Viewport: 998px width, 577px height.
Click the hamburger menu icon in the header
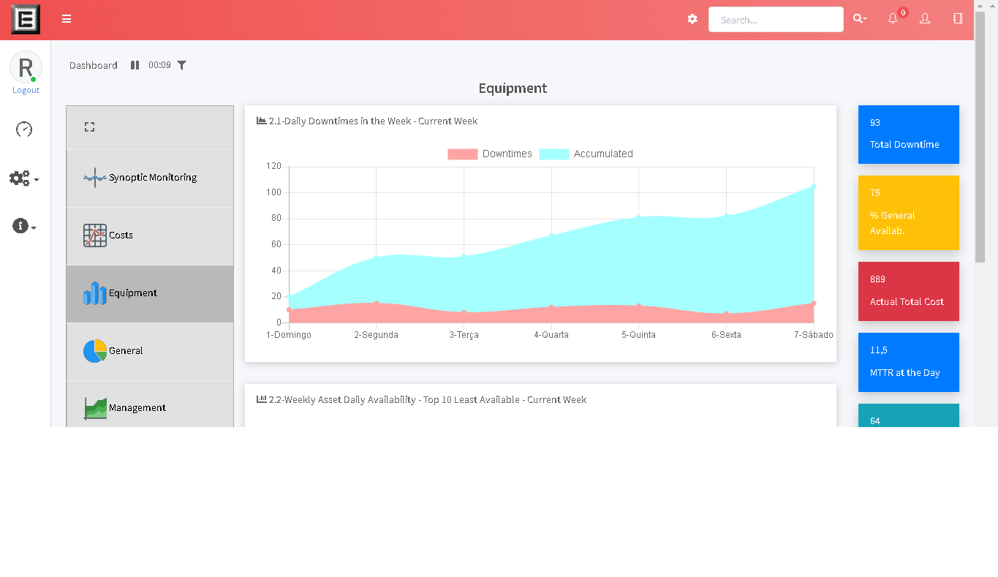(67, 19)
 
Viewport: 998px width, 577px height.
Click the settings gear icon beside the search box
(692, 19)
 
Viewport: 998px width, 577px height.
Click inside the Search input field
(776, 20)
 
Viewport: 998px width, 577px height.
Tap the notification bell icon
(893, 19)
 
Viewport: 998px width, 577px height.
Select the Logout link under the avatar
(26, 91)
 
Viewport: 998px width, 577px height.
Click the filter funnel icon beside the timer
(182, 65)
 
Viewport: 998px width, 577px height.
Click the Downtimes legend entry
(490, 154)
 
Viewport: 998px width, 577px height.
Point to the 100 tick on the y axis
(273, 192)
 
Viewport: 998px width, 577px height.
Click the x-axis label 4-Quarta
(551, 335)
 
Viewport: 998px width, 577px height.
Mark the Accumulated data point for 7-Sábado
(814, 186)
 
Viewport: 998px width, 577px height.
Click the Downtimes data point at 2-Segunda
(377, 303)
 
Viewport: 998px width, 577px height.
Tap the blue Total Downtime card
(908, 135)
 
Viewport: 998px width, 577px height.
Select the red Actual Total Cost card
(908, 291)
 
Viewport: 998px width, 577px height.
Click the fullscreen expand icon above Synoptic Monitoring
(89, 127)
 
